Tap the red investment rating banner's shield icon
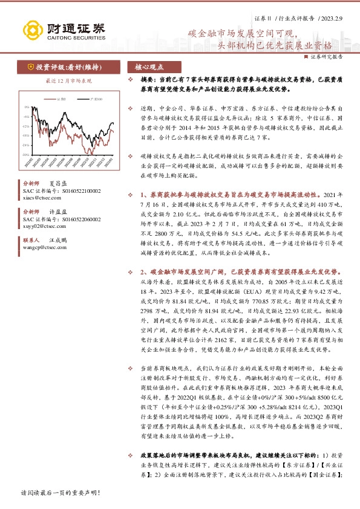pyautogui.click(x=30, y=67)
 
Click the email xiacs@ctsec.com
pyautogui.click(x=37, y=198)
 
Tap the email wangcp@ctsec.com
pyautogui.click(x=40, y=246)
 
